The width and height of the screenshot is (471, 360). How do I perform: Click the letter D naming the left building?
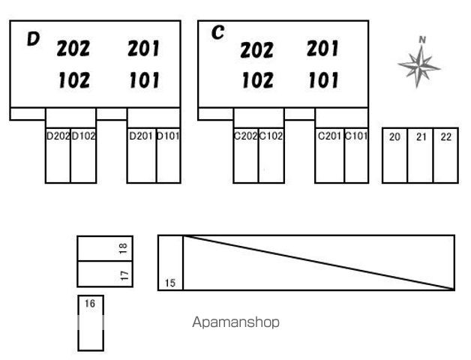point(33,39)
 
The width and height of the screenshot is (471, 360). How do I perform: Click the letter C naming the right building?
point(217,32)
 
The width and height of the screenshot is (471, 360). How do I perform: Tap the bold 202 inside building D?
point(73,49)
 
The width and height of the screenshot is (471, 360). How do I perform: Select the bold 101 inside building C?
point(323,80)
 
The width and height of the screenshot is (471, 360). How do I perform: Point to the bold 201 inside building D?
point(143,49)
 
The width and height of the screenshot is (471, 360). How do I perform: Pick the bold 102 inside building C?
point(258,80)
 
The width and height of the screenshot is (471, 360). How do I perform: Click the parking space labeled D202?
point(58,155)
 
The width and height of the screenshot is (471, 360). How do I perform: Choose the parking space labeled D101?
point(169,155)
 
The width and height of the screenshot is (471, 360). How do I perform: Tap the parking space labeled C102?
point(271,155)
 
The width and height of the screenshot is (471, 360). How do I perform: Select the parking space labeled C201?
point(330,155)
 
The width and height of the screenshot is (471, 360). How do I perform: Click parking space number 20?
point(395,155)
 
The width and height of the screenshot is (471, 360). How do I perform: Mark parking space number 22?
point(445,155)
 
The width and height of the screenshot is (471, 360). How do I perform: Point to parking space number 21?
point(421,155)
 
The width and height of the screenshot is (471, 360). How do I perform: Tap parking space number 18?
point(105,248)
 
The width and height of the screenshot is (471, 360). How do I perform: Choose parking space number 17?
point(105,274)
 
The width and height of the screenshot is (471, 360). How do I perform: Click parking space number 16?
point(91,323)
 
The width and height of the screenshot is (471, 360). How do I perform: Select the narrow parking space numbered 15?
point(170,263)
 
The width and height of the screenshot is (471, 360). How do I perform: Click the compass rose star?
point(419,67)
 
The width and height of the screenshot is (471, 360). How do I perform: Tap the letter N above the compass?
point(422,40)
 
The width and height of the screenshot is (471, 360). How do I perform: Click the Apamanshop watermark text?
point(235,322)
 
